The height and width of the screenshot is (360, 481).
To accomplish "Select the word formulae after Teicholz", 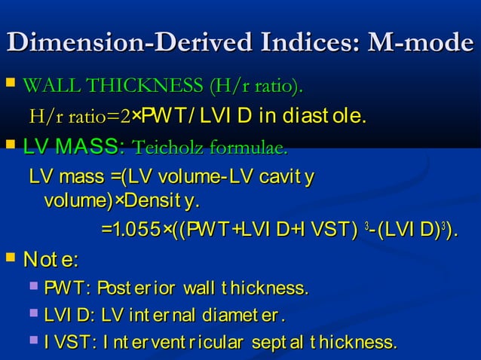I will pos(249,146).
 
